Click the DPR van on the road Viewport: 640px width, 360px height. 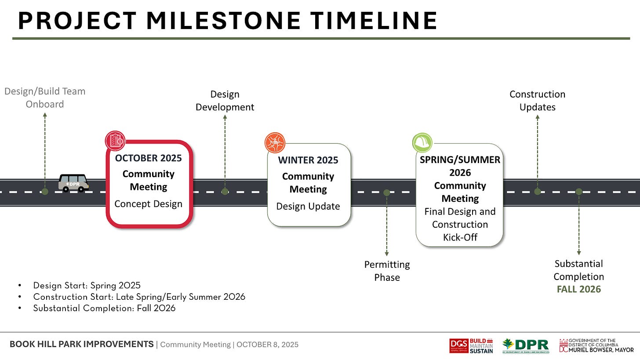coord(73,183)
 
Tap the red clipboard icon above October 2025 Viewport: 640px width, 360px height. coord(115,141)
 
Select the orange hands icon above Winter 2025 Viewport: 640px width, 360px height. coord(275,142)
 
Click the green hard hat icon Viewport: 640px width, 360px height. coord(422,142)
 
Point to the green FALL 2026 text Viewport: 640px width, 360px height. coord(578,289)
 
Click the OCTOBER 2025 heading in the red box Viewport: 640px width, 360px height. coord(148,158)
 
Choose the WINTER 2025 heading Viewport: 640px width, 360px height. coord(308,160)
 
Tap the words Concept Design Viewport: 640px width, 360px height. coord(148,204)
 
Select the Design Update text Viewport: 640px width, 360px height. coord(308,206)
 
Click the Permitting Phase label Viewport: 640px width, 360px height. coord(387,271)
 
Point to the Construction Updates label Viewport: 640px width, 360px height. coord(538,101)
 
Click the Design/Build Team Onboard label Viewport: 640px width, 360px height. coord(45,98)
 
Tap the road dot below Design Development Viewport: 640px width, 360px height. coord(225,192)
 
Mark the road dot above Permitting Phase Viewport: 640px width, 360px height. coord(386,193)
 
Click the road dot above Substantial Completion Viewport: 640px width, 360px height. coord(579,192)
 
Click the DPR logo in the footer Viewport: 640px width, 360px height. coord(526,345)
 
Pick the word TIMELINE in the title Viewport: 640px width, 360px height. coord(374,21)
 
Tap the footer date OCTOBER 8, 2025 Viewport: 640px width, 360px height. coord(267,345)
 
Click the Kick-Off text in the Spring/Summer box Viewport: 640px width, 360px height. coord(460,237)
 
